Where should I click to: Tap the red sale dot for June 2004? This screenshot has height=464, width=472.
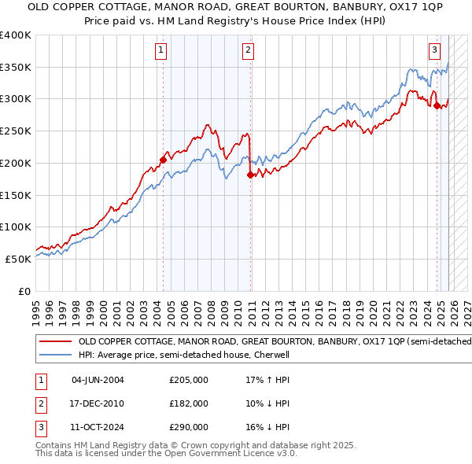(x=163, y=160)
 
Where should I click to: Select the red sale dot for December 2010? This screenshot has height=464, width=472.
(x=250, y=175)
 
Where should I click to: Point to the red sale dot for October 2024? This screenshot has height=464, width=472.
(x=437, y=105)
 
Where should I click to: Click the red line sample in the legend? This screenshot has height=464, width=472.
(x=56, y=342)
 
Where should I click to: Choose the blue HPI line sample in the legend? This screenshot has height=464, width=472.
(x=56, y=355)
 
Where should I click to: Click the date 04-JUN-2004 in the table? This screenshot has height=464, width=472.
(x=98, y=380)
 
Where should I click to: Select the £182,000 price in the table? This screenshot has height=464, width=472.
(x=189, y=403)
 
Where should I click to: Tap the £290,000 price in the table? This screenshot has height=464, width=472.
(x=189, y=427)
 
